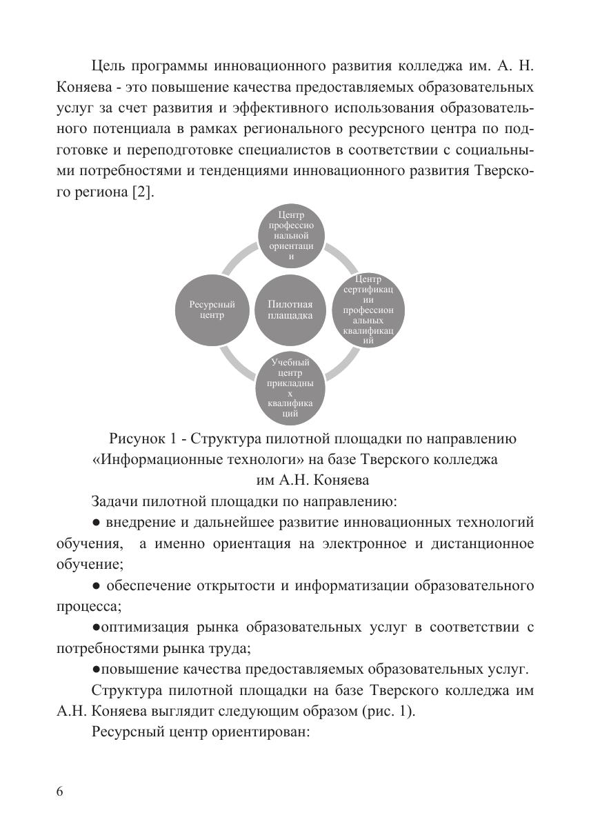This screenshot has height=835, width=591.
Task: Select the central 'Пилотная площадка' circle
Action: pyautogui.click(x=290, y=310)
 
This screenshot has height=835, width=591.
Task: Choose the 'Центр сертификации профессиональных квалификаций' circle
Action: pyautogui.click(x=368, y=310)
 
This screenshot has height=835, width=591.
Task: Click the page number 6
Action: pyautogui.click(x=60, y=792)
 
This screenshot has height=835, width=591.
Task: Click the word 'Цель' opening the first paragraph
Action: pyautogui.click(x=107, y=66)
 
